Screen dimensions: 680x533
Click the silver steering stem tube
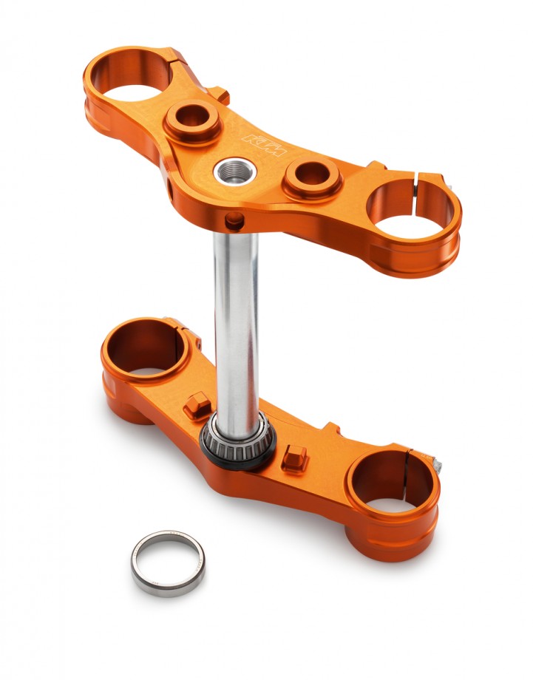click(236, 325)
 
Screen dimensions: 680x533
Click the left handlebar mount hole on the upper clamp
click(191, 118)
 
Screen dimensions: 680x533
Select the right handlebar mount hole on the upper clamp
click(313, 176)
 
